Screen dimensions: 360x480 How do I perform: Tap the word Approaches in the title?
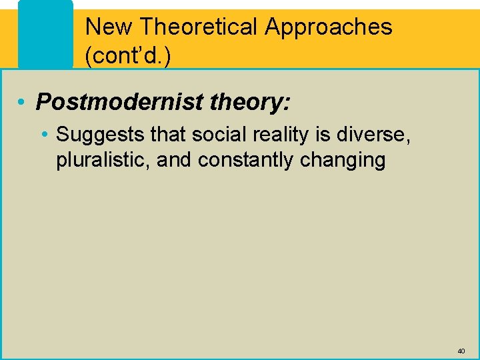329,27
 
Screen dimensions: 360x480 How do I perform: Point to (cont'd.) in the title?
127,56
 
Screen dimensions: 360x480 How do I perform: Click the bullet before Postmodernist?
23,103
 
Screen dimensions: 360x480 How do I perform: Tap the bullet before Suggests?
44,135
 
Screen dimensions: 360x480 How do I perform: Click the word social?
216,135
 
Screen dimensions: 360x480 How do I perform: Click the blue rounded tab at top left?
45,33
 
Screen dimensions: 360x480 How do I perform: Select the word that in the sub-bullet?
169,135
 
